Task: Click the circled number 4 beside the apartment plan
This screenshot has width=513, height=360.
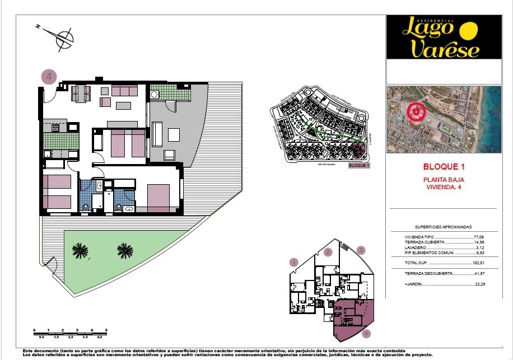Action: coord(49,77)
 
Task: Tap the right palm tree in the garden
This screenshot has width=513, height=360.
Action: coord(125,250)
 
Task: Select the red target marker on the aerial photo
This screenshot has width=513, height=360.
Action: coord(416,112)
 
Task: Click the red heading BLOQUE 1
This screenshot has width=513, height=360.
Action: coord(444,167)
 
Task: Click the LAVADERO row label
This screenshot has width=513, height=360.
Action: coord(416,247)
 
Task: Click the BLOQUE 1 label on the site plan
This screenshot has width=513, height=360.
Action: coord(359,166)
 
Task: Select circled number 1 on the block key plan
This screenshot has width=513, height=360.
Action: coord(293,261)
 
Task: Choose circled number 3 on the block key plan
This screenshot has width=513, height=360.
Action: coord(362,250)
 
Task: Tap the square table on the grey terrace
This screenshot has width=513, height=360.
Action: coord(173,134)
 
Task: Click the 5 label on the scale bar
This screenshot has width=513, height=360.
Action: coord(106,330)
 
